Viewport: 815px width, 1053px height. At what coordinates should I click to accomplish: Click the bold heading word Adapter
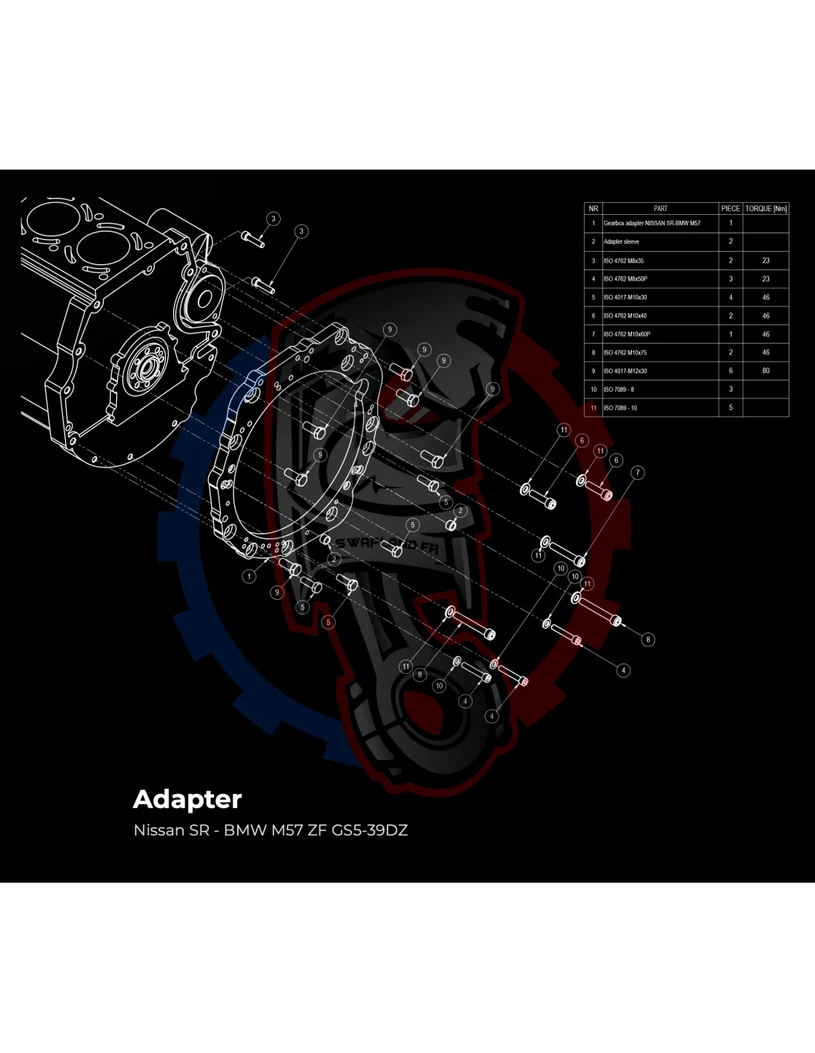click(x=187, y=799)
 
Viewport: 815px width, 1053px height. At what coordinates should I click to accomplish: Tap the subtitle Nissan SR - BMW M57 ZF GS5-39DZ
click(x=270, y=830)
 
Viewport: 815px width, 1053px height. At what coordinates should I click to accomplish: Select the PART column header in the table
click(x=660, y=209)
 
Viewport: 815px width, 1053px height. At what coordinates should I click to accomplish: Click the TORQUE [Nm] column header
click(x=766, y=209)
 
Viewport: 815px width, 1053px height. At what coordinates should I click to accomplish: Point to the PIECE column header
click(x=731, y=209)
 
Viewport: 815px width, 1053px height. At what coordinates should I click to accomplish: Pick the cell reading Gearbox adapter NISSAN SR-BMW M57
click(x=652, y=223)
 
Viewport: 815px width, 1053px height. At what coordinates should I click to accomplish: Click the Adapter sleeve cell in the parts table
click(x=622, y=241)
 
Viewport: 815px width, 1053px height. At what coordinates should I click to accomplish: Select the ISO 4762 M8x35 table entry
click(x=624, y=261)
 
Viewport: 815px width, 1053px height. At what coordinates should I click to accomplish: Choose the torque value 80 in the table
click(x=766, y=371)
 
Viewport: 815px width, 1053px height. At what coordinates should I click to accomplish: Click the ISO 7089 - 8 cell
click(x=619, y=390)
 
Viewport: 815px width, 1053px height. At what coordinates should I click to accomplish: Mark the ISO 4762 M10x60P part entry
click(x=627, y=334)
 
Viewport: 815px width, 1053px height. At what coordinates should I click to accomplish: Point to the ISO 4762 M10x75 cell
click(x=625, y=352)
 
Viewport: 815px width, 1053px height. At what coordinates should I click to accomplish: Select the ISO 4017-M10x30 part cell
click(x=625, y=298)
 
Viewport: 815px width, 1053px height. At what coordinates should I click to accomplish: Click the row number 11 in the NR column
click(x=593, y=408)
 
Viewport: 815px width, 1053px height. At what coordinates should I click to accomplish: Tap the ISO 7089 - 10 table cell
click(x=620, y=408)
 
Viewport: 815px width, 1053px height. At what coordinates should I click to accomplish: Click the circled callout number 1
click(x=250, y=576)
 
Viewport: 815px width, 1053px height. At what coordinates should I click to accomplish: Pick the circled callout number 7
click(x=638, y=472)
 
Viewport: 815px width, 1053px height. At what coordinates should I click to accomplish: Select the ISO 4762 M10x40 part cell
click(x=625, y=316)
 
